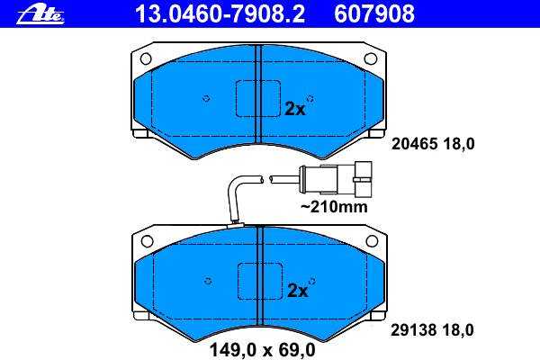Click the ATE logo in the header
(x=40, y=14)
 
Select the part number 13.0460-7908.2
(x=220, y=14)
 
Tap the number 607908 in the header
(x=374, y=14)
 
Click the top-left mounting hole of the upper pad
(x=146, y=58)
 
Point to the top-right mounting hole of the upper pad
(x=370, y=58)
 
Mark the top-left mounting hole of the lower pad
(x=147, y=241)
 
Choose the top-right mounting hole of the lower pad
(x=372, y=241)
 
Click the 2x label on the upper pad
(x=295, y=110)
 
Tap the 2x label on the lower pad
(x=297, y=291)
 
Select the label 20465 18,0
(x=433, y=144)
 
